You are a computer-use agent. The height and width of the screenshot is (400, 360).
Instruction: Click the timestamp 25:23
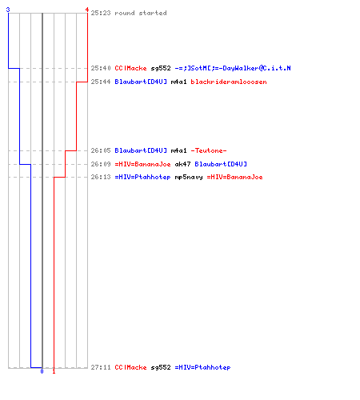(x=101, y=13)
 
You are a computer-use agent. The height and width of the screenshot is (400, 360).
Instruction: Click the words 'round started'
(x=141, y=13)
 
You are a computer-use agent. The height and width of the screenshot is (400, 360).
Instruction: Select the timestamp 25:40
(x=101, y=68)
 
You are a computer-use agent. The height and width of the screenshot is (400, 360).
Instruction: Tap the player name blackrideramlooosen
(x=229, y=82)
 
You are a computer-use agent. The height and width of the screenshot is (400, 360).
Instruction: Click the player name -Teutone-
(x=209, y=150)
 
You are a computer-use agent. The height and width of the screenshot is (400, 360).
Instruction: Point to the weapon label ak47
(x=182, y=164)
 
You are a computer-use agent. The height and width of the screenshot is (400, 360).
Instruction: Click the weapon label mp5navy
(x=189, y=177)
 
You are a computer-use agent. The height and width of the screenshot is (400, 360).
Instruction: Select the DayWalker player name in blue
(x=233, y=68)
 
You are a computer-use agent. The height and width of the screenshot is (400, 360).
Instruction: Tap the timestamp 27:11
(x=101, y=367)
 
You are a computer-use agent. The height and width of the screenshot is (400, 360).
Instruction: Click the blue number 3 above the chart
(x=8, y=10)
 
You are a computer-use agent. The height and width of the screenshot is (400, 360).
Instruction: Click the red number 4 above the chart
(x=87, y=10)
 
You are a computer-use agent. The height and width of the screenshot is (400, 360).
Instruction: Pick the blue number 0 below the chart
(x=42, y=371)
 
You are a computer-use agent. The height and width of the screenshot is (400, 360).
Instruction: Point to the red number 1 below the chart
(x=54, y=371)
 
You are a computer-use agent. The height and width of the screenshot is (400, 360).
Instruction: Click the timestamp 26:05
(x=101, y=150)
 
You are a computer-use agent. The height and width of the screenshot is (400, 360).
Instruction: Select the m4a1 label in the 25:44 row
(x=178, y=82)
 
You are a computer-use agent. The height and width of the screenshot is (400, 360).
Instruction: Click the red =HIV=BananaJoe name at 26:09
(x=142, y=164)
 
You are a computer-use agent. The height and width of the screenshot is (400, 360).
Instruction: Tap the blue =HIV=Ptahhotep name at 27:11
(x=202, y=367)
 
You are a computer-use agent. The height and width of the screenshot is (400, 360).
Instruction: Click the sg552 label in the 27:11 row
(x=161, y=367)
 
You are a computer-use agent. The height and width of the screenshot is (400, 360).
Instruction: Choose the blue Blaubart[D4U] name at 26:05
(x=141, y=150)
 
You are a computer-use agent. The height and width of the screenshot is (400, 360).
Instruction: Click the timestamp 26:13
(x=101, y=177)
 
